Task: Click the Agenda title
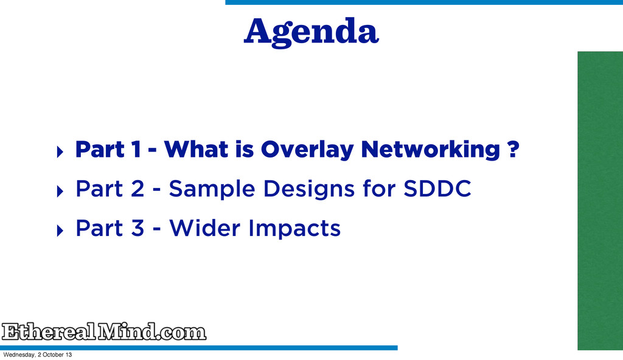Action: point(311,32)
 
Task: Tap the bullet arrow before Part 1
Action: point(60,152)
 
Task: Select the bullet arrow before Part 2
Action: point(60,191)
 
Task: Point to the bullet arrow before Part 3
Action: point(60,230)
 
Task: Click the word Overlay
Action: point(307,150)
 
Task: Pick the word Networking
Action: point(430,150)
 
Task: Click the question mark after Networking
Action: point(513,149)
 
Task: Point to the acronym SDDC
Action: point(437,189)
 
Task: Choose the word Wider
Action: point(205,228)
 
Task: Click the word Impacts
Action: point(294,229)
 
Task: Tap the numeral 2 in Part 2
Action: point(137,189)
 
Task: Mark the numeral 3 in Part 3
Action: point(137,228)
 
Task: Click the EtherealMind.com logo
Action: point(104,331)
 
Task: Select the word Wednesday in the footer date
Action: point(19,355)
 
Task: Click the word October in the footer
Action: point(54,355)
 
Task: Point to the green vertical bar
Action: point(600,201)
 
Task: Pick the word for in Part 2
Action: point(379,189)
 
